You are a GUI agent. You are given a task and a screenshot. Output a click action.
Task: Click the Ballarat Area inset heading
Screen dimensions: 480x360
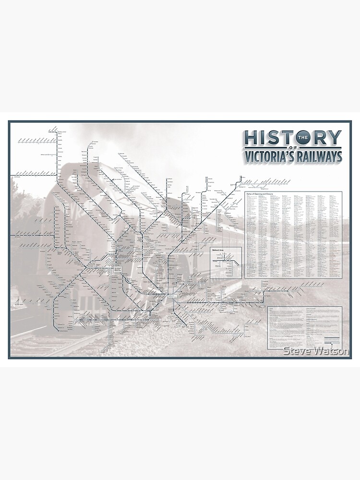point(219,250)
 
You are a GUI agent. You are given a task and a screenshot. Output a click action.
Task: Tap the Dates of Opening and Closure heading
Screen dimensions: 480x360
point(262,194)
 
